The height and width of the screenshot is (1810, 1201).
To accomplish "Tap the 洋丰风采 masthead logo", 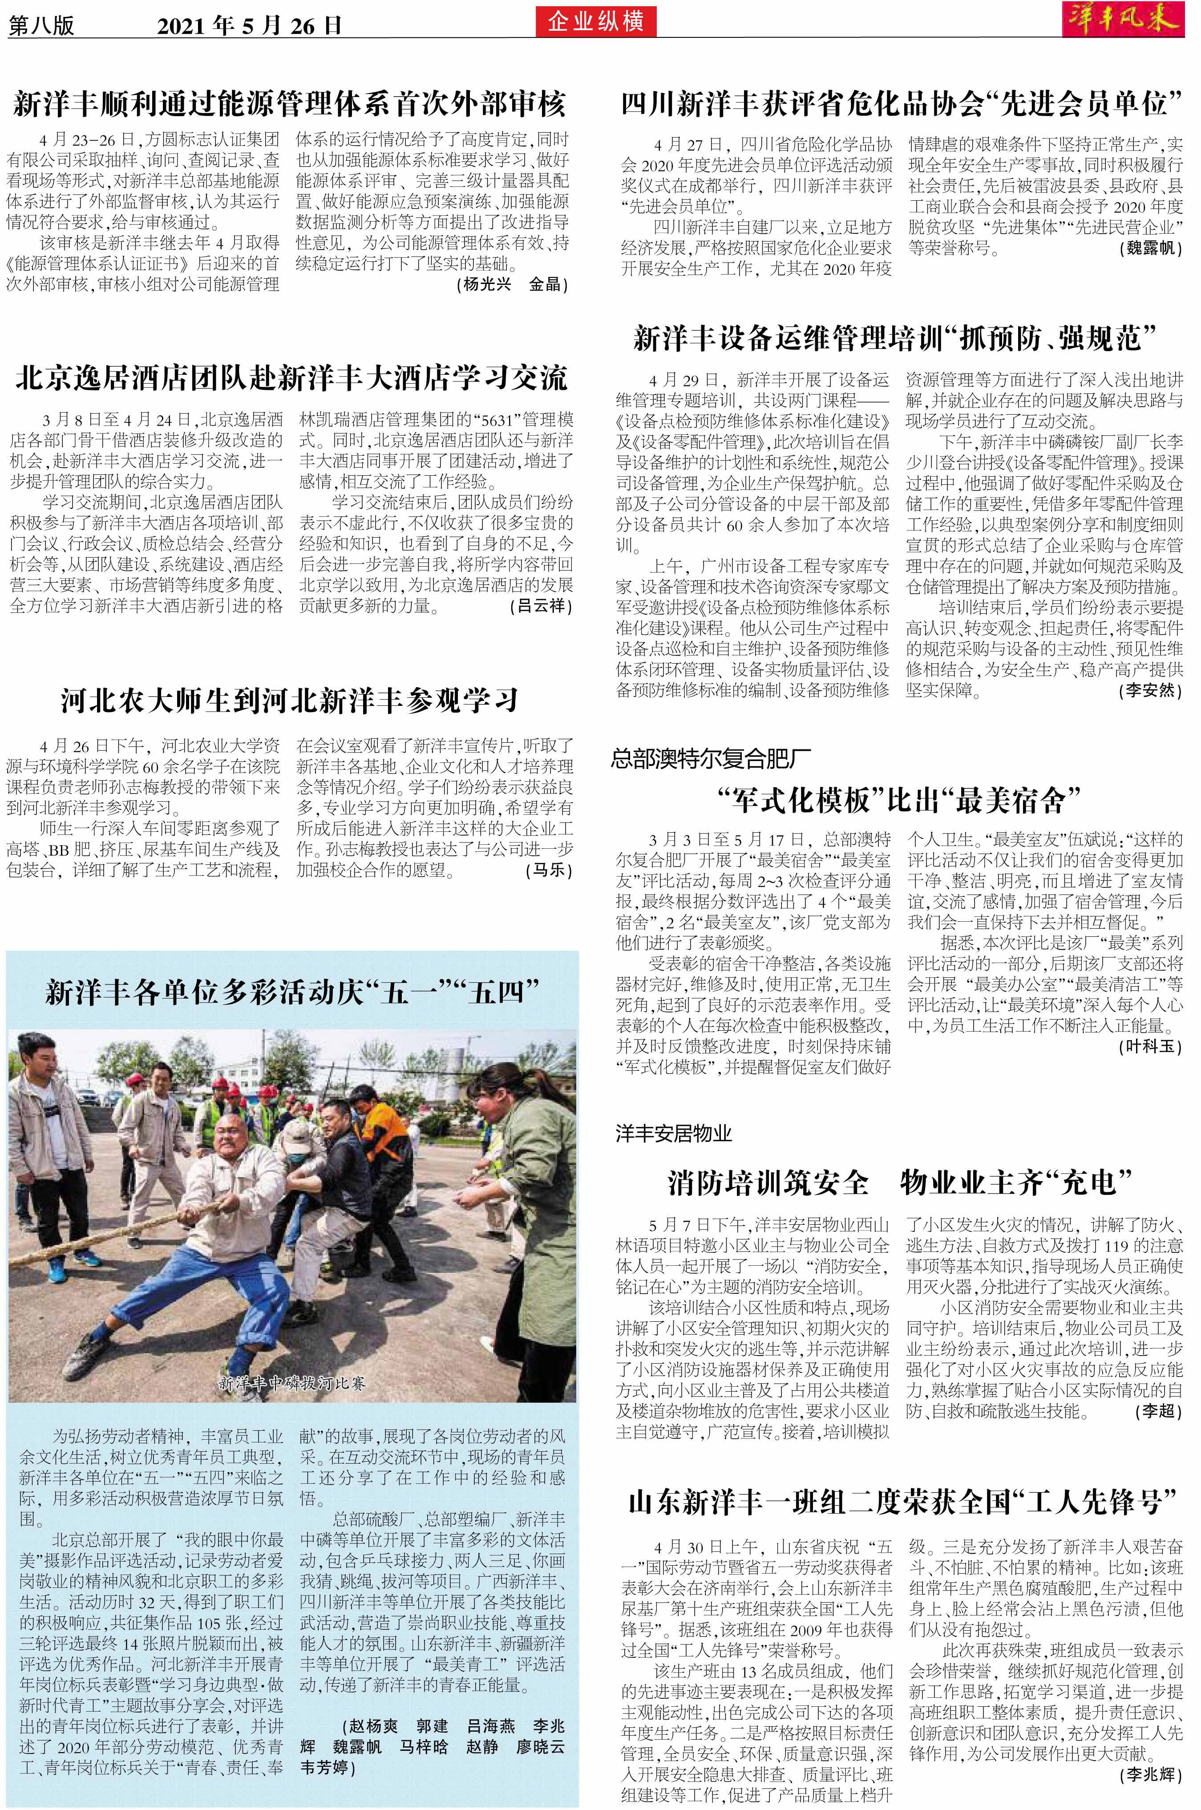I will tap(1124, 20).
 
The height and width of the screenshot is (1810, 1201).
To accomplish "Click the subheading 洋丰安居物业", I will tap(674, 1134).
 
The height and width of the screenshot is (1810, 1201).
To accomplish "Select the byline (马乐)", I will tap(548, 871).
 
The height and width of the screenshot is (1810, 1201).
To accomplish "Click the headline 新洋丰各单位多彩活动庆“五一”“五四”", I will tap(291, 992).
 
